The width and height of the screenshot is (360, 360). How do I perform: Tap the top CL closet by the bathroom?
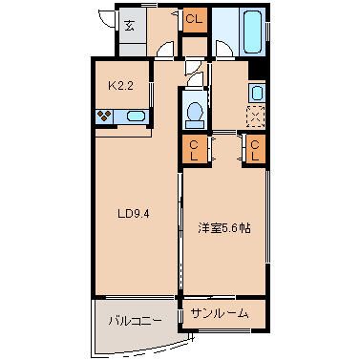point(194,19)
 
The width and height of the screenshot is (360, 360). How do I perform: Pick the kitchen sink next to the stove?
point(135,117)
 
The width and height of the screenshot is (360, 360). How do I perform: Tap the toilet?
point(195,112)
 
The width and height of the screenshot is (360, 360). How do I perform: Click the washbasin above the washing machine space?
point(257,93)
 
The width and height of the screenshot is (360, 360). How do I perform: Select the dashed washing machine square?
point(257,116)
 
